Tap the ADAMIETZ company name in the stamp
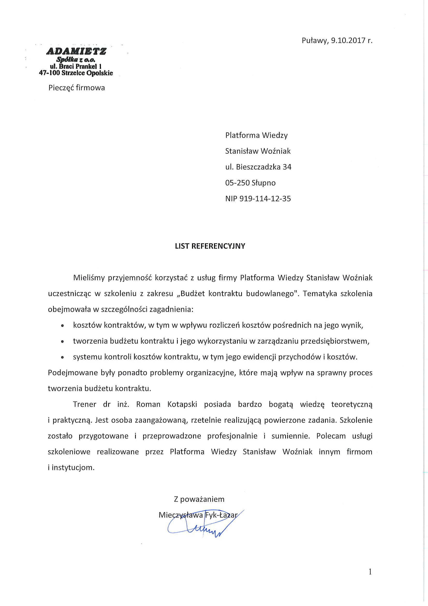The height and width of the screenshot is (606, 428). click(x=76, y=51)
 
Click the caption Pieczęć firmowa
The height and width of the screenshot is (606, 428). click(x=76, y=88)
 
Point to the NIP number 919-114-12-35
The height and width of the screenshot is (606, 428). click(x=265, y=199)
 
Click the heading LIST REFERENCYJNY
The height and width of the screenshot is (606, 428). click(x=210, y=246)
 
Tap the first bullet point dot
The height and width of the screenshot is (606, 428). click(x=62, y=326)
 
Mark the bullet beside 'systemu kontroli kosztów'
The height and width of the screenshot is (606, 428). click(x=62, y=358)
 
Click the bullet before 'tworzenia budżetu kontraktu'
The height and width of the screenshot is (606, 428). click(x=62, y=342)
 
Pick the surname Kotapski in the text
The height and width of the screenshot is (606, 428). click(x=182, y=405)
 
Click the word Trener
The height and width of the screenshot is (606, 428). click(x=84, y=405)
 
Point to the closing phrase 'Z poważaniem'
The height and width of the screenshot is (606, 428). click(x=199, y=499)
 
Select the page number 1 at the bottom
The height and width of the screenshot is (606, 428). click(x=370, y=579)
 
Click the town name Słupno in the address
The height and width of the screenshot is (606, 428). click(x=263, y=183)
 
